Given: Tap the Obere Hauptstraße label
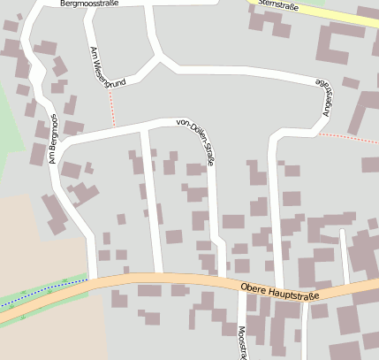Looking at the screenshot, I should pos(279,289).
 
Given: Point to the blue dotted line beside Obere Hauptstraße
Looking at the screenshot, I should pos(44,290).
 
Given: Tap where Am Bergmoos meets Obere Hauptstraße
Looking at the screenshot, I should pos(94,279).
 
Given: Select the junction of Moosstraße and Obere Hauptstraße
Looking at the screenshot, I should pos(242,287).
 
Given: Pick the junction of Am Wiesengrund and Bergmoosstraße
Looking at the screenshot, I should pos(92,7).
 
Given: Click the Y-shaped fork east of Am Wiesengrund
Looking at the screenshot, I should pos(158,59).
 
